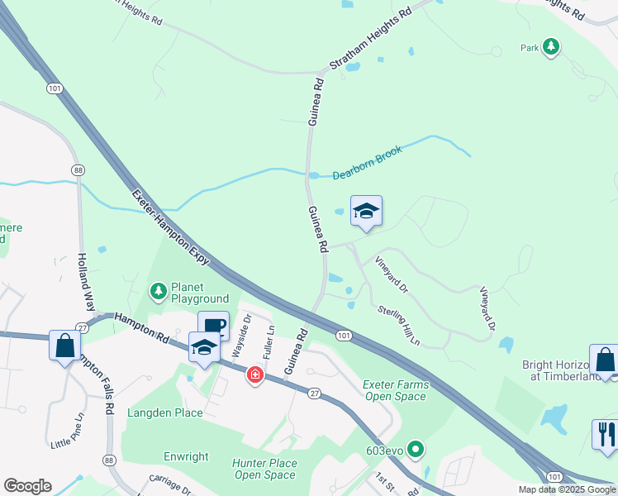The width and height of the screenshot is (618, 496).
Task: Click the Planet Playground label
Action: (199, 293)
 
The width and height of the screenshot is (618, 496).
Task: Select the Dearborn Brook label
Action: (367, 163)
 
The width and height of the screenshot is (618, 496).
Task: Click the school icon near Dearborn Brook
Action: (366, 212)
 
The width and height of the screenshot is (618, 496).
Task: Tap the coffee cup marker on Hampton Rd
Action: (213, 326)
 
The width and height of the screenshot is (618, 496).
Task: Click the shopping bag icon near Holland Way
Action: (64, 345)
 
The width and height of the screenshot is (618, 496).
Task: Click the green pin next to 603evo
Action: (416, 451)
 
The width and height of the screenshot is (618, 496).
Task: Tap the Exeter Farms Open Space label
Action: (395, 390)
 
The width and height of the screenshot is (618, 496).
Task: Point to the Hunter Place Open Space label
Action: (264, 469)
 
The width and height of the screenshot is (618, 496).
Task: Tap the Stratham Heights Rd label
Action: (369, 39)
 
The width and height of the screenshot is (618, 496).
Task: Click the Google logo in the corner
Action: (27, 486)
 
